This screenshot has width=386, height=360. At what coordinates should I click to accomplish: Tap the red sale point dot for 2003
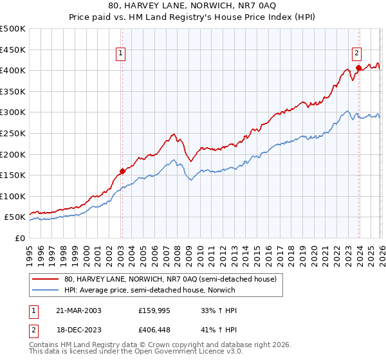pos(122,171)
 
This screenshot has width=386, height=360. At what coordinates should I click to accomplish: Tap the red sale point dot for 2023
pos(358,67)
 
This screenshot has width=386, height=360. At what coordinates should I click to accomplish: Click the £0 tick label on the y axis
pos(19,238)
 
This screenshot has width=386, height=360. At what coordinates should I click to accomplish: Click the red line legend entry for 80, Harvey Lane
pos(170,279)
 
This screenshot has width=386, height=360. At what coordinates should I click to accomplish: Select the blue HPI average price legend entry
pos(155,290)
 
